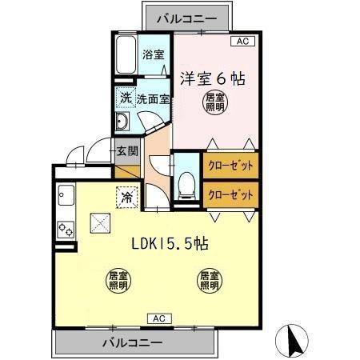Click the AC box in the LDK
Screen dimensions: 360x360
coord(160,318)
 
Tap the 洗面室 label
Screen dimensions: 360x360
coord(152,99)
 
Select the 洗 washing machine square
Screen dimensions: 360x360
coord(126,98)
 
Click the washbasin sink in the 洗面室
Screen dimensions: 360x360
coord(123,122)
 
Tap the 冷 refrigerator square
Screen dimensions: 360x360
coord(126,194)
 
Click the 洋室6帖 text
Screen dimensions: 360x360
coord(212,78)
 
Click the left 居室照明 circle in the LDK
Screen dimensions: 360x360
coord(118,281)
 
